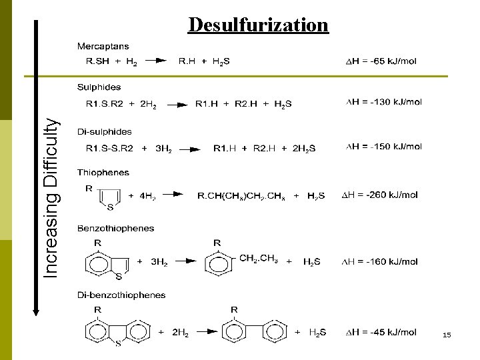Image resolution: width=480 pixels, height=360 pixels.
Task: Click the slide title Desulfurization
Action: pos(258,25)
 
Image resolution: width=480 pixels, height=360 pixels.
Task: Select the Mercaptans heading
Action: pos(103,46)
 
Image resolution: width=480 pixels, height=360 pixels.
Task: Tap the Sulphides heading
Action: pos(99,87)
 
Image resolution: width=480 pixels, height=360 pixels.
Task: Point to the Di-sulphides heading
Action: pos(105,131)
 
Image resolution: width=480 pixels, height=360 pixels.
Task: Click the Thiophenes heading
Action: pos(103,172)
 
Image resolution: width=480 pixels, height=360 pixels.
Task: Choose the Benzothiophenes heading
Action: pos(116,228)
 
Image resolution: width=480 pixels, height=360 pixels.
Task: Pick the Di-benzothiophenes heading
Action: pos(122,295)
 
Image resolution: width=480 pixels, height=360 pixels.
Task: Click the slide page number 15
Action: pos(447,335)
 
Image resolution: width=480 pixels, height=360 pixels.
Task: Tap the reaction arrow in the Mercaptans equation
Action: pos(156,61)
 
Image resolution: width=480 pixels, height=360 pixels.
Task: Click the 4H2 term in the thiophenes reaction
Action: pos(147,196)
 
